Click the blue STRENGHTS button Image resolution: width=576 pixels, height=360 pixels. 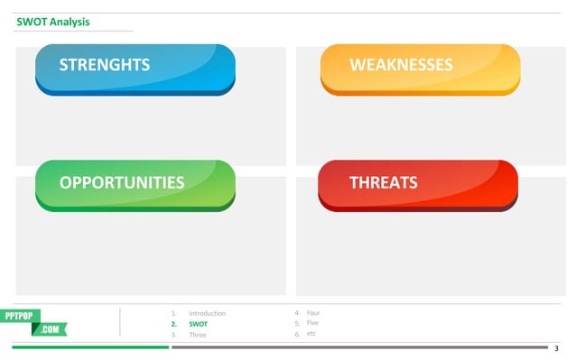point(135,68)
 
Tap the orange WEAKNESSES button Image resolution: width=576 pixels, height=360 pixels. point(420,68)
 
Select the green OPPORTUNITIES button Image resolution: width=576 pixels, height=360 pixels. point(135,184)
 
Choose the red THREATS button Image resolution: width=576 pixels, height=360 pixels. point(418,184)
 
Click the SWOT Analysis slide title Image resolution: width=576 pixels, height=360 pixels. point(53,22)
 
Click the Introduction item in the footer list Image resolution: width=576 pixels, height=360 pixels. point(207,313)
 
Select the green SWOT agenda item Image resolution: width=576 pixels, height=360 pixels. point(198,324)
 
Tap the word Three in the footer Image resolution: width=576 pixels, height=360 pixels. point(197,335)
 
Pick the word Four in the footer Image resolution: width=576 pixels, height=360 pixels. point(313,312)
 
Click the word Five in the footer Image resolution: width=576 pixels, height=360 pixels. point(312,322)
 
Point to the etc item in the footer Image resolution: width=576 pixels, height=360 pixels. point(311,333)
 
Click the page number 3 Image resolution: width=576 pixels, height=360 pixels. point(556,347)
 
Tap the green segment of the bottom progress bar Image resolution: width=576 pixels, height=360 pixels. point(90,346)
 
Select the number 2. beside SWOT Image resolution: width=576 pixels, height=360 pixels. point(173,324)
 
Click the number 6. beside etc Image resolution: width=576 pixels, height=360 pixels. point(297,334)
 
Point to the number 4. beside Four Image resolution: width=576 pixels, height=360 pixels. point(297,312)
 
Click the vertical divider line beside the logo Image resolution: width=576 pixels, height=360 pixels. point(120,322)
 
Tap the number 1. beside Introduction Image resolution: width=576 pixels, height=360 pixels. point(173,313)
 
